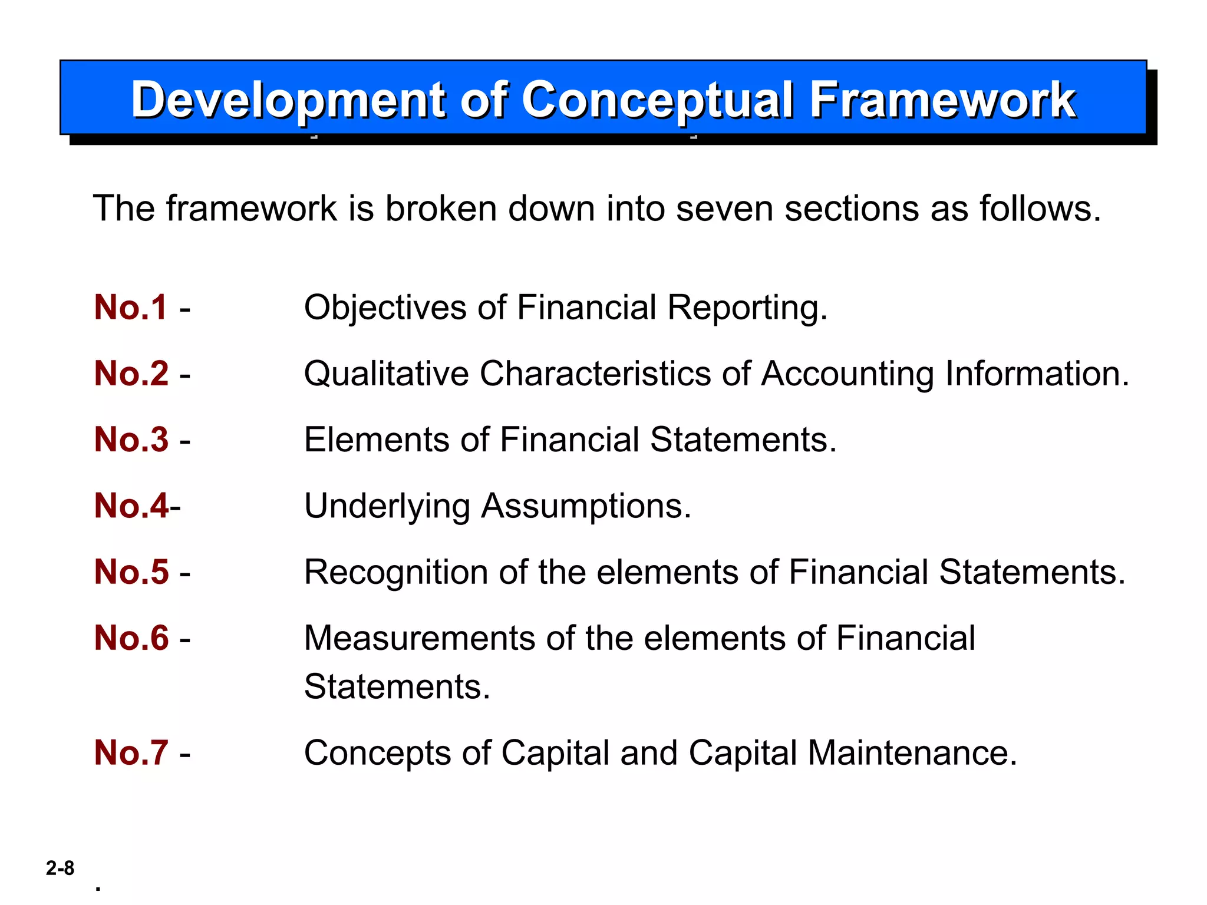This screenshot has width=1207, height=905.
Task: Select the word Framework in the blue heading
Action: click(942, 100)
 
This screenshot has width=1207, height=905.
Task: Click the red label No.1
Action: click(131, 308)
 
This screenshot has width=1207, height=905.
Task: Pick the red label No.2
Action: click(131, 374)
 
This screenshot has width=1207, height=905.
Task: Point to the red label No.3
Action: click(131, 440)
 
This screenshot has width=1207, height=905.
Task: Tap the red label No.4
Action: click(131, 506)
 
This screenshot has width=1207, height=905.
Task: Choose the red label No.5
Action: click(131, 572)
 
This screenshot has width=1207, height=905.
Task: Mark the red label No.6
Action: click(131, 638)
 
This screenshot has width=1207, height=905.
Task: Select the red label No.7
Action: click(131, 752)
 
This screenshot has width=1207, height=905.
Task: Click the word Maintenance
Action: click(912, 753)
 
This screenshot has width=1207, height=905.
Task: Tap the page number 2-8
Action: click(60, 868)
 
